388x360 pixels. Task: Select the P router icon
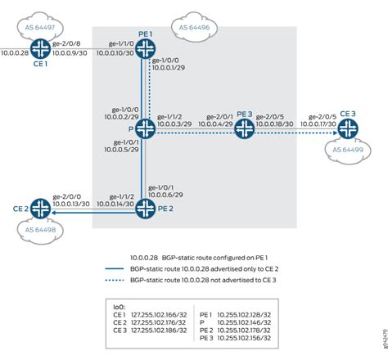pos(146,128)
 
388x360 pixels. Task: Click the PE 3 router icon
pos(243,128)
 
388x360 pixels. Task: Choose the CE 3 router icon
pos(348,128)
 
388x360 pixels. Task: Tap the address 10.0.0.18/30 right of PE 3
pos(275,121)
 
